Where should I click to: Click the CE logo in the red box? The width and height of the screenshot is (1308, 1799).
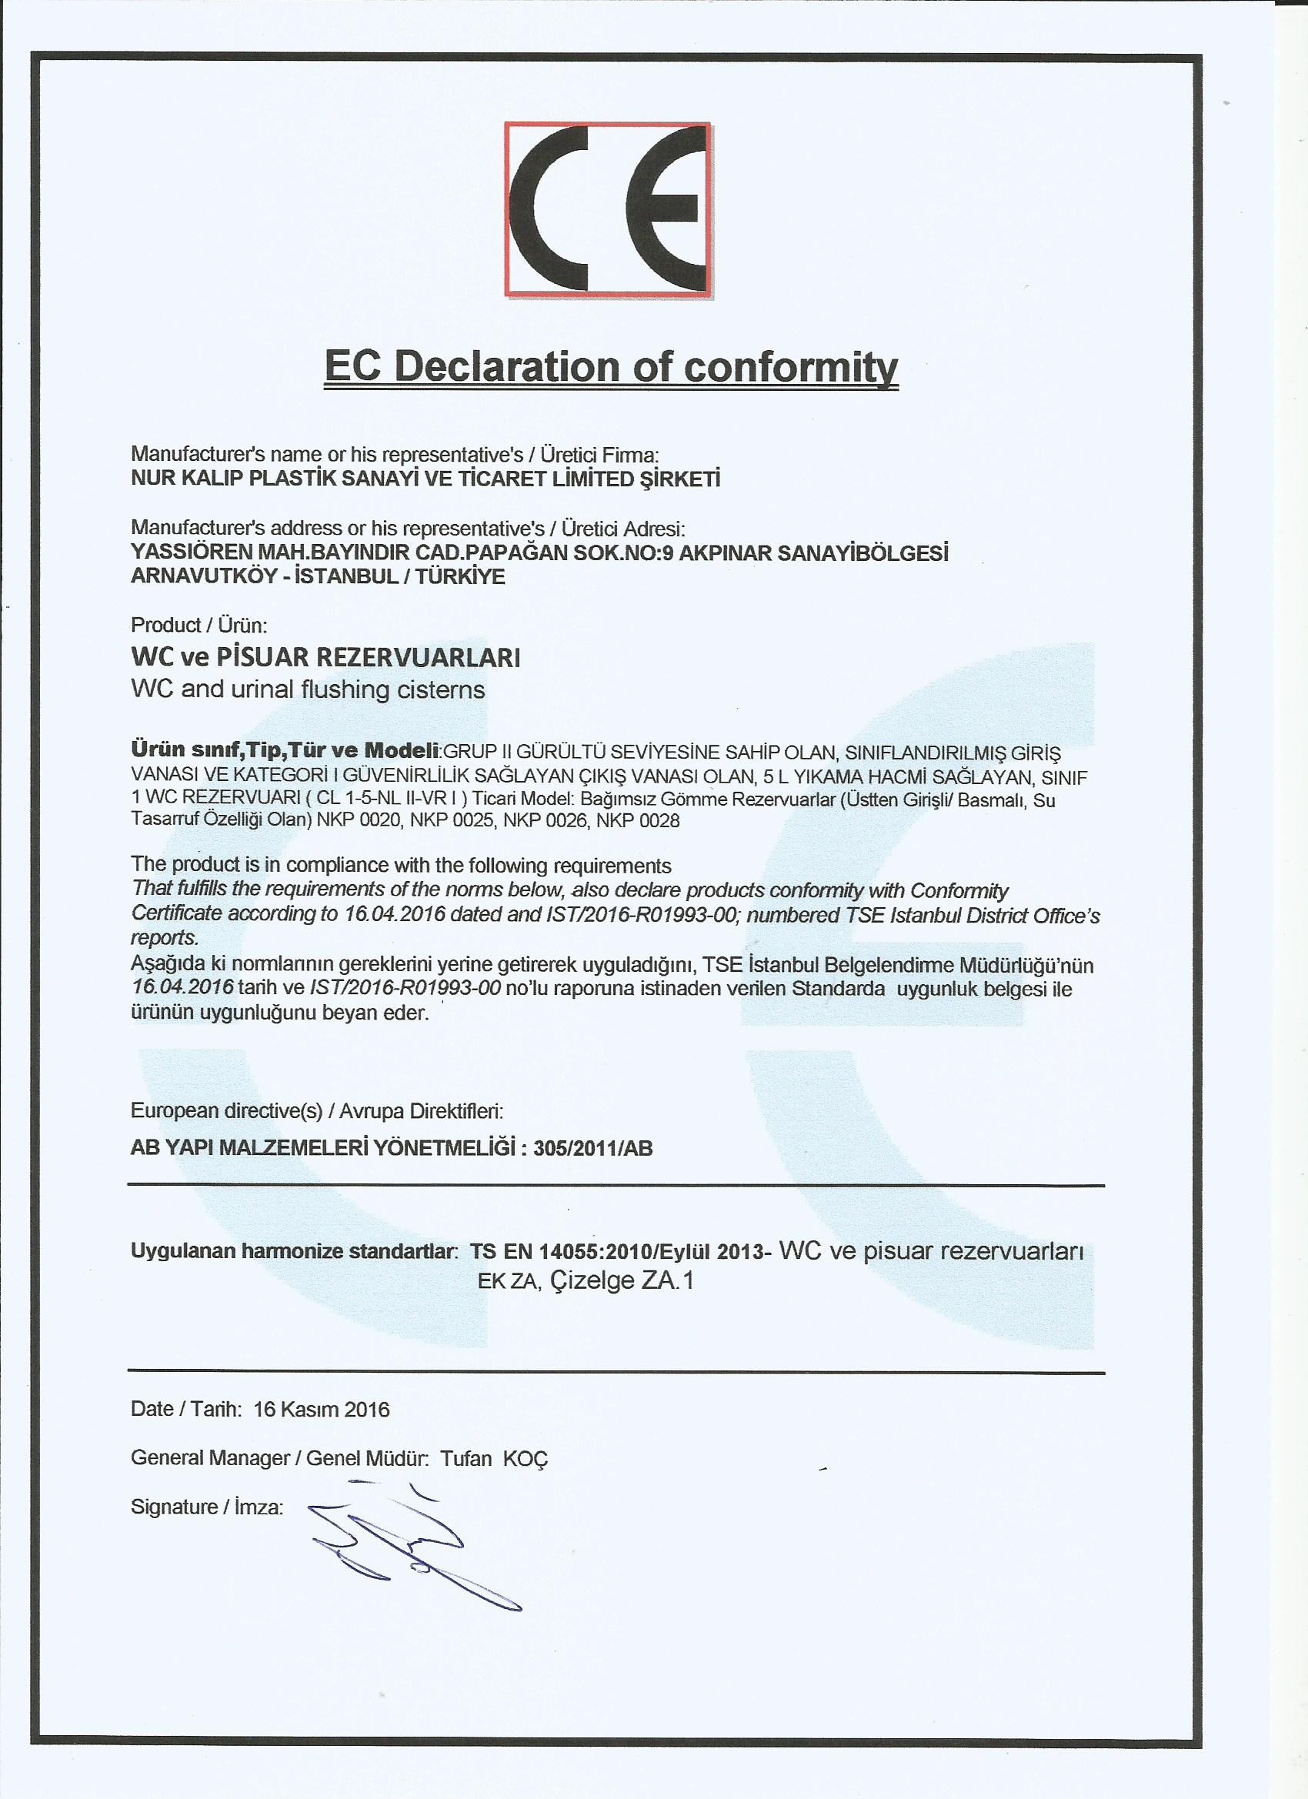[608, 209]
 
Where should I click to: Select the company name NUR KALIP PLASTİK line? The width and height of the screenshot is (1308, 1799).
[425, 479]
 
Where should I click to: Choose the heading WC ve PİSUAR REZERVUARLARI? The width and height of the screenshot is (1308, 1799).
[325, 658]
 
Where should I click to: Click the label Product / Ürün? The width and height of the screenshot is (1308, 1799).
[199, 625]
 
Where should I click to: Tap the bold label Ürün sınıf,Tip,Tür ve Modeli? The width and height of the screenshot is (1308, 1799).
[285, 749]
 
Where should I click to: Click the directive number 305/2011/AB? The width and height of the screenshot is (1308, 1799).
[593, 1149]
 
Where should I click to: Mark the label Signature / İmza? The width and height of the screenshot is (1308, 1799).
[207, 1507]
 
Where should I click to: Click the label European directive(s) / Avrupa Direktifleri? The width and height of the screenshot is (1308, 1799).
[316, 1110]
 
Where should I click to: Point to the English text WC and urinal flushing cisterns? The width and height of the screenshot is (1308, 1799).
[308, 689]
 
